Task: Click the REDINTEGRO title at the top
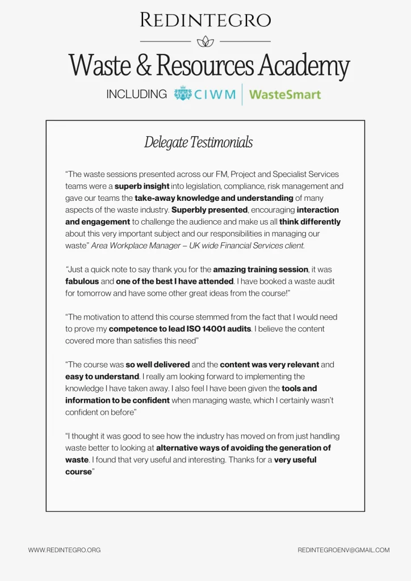pyautogui.click(x=205, y=20)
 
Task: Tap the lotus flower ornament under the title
pyautogui.click(x=205, y=41)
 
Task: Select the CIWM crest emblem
pyautogui.click(x=183, y=94)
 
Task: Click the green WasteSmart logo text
pyautogui.click(x=285, y=94)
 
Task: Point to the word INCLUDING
pyautogui.click(x=137, y=95)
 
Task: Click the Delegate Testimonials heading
pyautogui.click(x=198, y=142)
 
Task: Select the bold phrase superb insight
pyautogui.click(x=142, y=186)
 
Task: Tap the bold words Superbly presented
pyautogui.click(x=209, y=210)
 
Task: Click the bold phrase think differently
pyautogui.click(x=310, y=222)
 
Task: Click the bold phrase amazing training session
pyautogui.click(x=261, y=270)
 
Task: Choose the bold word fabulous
pyautogui.click(x=82, y=281)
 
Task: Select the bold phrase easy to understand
pyautogui.click(x=102, y=377)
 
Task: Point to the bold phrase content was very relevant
pyautogui.click(x=270, y=365)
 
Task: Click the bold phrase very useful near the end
pyautogui.click(x=295, y=460)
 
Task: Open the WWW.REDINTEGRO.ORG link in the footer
pyautogui.click(x=64, y=550)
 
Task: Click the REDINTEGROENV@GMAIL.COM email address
pyautogui.click(x=343, y=550)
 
